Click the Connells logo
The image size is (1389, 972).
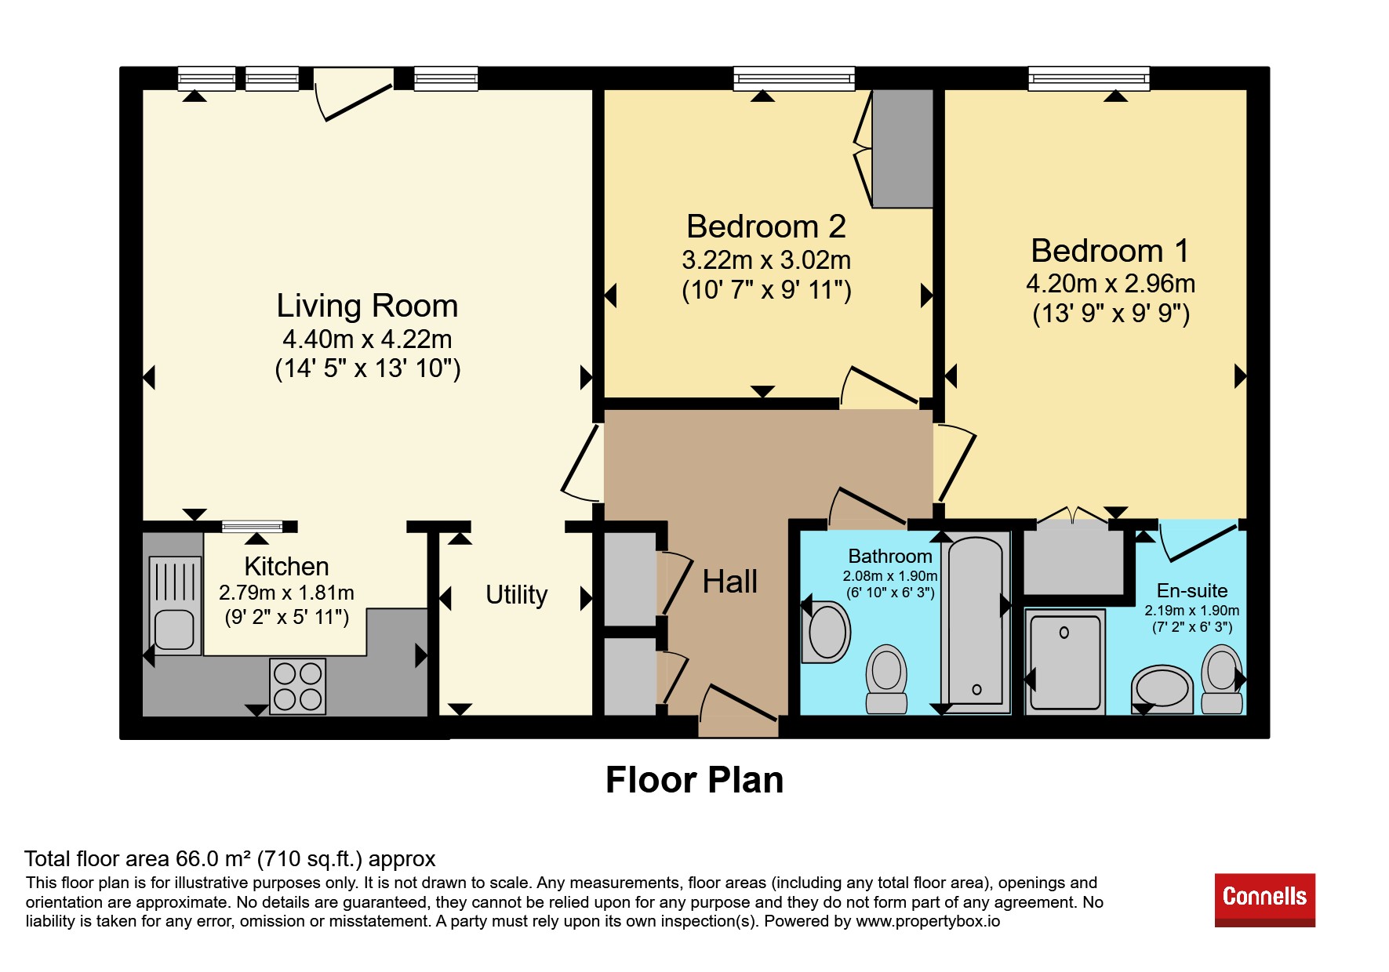pos(1264,900)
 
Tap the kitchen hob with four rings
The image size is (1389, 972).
pos(298,686)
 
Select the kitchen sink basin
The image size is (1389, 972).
pos(174,630)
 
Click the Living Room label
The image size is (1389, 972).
pos(367,306)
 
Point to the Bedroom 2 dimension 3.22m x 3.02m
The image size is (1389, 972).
pos(766,259)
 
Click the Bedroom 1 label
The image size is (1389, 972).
pos(1110,251)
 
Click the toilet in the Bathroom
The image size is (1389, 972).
pos(886,679)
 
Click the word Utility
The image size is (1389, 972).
pos(516,595)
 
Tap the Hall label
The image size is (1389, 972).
pos(729,582)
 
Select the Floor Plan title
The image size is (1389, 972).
pos(694,780)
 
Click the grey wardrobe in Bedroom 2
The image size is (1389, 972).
pos(903,148)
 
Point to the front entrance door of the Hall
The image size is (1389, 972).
pos(738,710)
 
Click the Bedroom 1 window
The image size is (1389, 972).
pos(1089,78)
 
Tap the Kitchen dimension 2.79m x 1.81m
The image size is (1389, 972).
pos(286,593)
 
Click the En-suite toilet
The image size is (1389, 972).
pos(1222,679)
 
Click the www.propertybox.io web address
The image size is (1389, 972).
pos(928,921)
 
